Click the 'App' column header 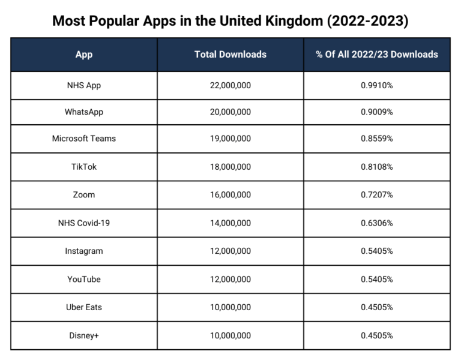click(x=84, y=55)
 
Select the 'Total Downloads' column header click(x=230, y=55)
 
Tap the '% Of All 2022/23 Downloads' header click(x=377, y=55)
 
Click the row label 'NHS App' click(x=84, y=85)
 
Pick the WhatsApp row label click(x=84, y=112)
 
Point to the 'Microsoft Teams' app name click(x=84, y=139)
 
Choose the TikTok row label click(x=84, y=167)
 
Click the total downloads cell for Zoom click(x=230, y=195)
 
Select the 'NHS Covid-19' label click(x=84, y=223)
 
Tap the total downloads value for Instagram click(x=230, y=251)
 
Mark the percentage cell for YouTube click(x=377, y=279)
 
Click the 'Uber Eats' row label click(x=84, y=307)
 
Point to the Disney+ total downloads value click(x=230, y=335)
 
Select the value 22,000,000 click(x=230, y=85)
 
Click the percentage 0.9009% click(x=377, y=112)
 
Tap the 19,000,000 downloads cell click(x=230, y=139)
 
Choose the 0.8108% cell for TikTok click(x=377, y=167)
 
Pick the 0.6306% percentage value click(x=377, y=223)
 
